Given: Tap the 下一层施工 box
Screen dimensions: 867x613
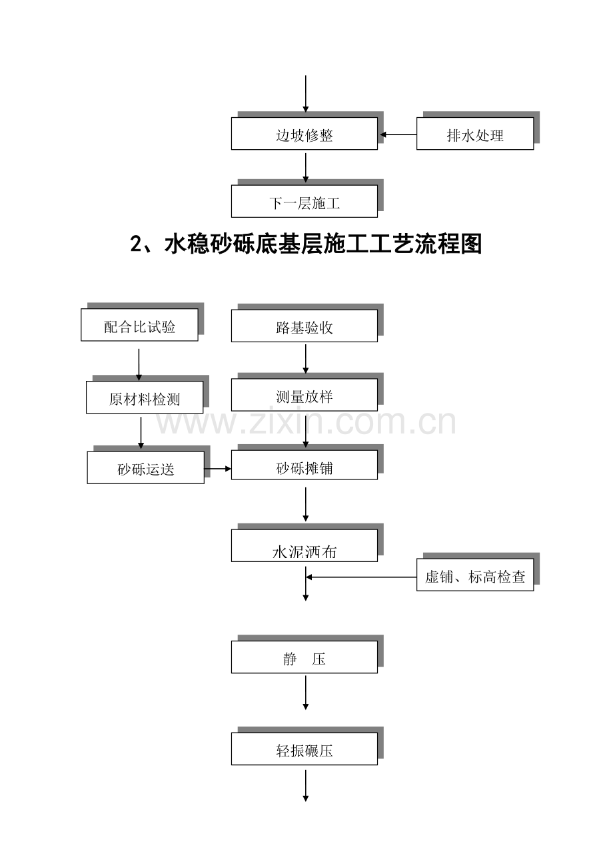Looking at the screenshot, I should (305, 202).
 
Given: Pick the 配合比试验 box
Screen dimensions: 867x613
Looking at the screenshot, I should (140, 326).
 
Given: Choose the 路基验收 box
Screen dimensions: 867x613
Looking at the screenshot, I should (305, 326).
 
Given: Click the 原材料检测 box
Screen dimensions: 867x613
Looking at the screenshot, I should (145, 398).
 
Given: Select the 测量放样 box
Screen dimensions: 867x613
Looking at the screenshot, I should (305, 396).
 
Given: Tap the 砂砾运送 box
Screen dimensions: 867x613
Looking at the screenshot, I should (146, 468).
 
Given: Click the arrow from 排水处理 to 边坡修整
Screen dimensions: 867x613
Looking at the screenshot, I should (398, 135).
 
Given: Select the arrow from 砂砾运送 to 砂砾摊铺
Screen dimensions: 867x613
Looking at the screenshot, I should (218, 469).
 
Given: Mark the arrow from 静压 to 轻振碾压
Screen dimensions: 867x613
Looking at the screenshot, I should (306, 693).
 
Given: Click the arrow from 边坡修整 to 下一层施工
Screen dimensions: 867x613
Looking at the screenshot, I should (306, 167).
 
